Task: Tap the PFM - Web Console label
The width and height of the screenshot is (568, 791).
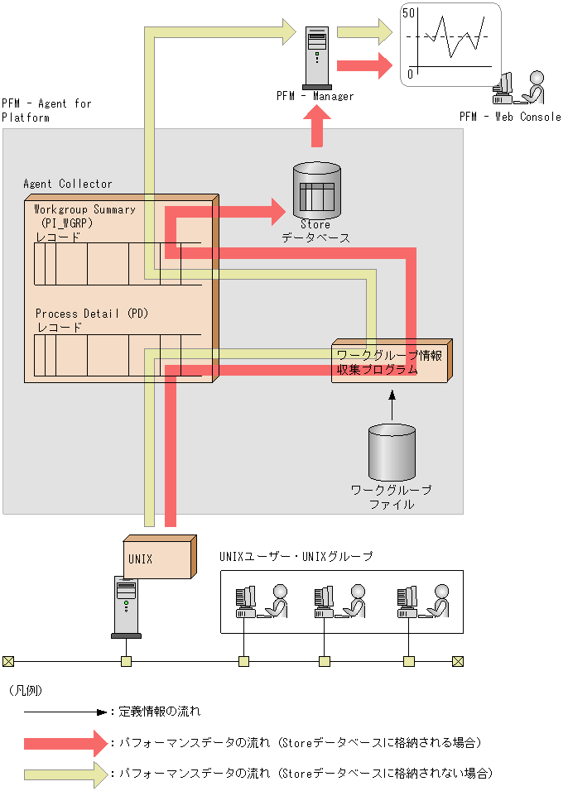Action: tap(510, 117)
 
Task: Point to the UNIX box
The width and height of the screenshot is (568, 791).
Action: tap(157, 558)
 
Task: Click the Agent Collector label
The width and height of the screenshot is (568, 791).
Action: tap(68, 184)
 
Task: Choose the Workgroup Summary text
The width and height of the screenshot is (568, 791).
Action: tap(84, 209)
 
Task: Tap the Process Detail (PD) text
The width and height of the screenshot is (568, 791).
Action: tap(90, 314)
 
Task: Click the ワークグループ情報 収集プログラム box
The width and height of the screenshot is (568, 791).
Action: tap(391, 362)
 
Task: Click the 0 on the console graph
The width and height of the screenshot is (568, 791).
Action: tap(410, 74)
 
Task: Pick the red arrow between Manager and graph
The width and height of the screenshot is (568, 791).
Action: tap(363, 65)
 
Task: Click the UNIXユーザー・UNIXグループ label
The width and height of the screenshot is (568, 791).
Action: tap(296, 557)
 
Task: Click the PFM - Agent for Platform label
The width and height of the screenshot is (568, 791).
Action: tap(46, 110)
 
